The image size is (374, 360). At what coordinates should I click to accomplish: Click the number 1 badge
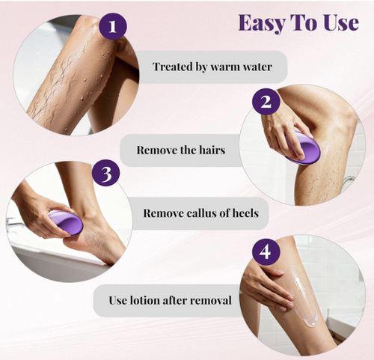tap(113, 26)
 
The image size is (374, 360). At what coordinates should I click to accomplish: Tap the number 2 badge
tap(266, 101)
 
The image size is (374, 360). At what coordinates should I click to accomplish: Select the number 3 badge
tap(106, 173)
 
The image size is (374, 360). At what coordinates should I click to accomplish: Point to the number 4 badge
tap(266, 251)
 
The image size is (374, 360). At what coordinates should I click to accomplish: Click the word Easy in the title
tap(261, 23)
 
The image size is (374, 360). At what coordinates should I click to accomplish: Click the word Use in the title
tap(342, 22)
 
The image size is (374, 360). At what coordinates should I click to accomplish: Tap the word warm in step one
tap(225, 67)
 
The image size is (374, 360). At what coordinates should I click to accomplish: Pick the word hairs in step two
tap(212, 150)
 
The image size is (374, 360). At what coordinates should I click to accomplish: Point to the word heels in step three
tap(245, 213)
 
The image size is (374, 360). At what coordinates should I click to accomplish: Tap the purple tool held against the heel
tap(65, 222)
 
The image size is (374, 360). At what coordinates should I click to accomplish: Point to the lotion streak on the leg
tap(304, 298)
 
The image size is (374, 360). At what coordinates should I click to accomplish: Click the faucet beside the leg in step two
tap(349, 181)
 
